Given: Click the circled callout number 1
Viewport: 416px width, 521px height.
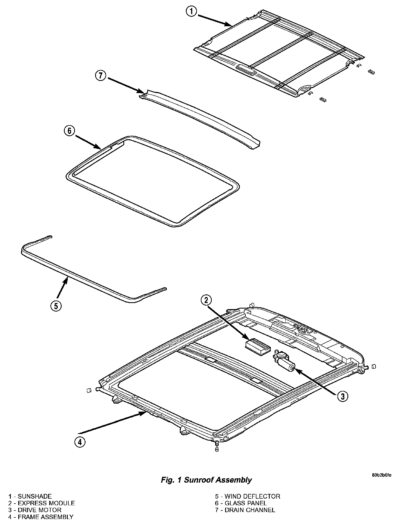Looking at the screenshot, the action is coord(192,12).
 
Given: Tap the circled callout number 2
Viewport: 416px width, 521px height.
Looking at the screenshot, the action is coord(207,300).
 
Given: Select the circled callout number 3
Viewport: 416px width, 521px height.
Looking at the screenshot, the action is coord(342,396).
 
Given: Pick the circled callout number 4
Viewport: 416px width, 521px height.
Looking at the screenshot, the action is coord(80,442).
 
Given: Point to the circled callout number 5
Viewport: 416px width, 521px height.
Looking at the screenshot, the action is coord(56,306).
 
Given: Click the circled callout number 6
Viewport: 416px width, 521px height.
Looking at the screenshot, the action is coord(69,131).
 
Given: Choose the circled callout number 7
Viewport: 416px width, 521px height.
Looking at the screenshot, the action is coord(101,75).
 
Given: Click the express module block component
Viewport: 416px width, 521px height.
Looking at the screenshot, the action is coord(257,346).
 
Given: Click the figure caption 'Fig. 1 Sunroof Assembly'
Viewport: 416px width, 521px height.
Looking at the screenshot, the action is coord(206,480).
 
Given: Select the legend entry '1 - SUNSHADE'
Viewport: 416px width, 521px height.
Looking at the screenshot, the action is coord(30,496).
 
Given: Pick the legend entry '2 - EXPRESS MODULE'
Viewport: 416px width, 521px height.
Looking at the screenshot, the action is coord(42,503).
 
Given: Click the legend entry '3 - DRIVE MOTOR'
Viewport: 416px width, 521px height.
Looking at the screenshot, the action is coord(35,510).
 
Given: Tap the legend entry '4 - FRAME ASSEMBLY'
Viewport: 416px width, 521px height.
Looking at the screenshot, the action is coord(41,517).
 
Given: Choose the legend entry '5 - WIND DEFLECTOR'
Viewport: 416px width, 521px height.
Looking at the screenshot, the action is coord(248,496).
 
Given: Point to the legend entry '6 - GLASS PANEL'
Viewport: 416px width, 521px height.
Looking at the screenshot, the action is coord(241,503).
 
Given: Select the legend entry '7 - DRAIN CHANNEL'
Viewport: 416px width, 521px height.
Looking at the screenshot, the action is coord(245,510).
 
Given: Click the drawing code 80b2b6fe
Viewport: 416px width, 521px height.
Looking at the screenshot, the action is coord(381,475).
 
